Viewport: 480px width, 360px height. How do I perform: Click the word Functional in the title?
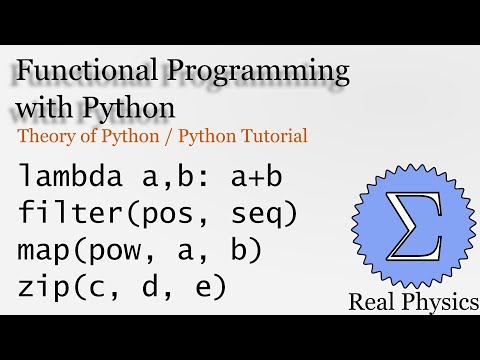(x=86, y=72)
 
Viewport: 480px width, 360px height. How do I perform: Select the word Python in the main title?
(x=131, y=105)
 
